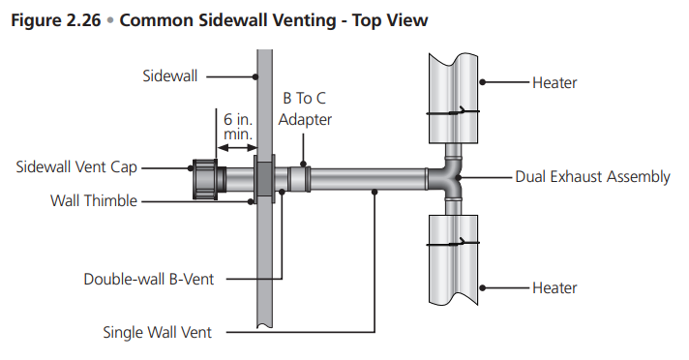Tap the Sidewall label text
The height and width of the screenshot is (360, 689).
point(170,76)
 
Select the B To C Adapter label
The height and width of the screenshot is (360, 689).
point(305,108)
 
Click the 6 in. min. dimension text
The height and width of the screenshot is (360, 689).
point(238,127)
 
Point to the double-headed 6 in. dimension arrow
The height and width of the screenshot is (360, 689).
point(237,148)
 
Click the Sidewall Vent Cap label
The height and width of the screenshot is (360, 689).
point(76,167)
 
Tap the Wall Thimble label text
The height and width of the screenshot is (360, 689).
point(94,201)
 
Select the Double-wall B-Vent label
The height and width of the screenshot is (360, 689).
point(148,279)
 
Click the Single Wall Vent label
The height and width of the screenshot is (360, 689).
point(158,332)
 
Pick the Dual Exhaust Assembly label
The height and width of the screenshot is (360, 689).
point(592,177)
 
